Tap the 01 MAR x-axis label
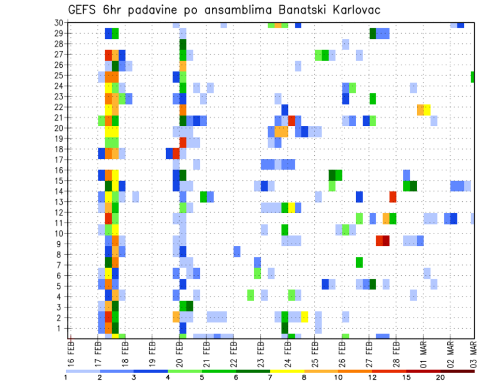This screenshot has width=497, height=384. coord(423,351)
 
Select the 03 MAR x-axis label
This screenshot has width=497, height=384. coord(473,351)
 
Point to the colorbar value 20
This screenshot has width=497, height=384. coord(440,377)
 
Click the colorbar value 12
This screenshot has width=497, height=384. coord(372,377)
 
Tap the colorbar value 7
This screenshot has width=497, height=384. coord(270,377)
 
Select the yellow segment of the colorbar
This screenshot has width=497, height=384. coord(287,371)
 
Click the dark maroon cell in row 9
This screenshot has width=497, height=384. coord(386,241)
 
